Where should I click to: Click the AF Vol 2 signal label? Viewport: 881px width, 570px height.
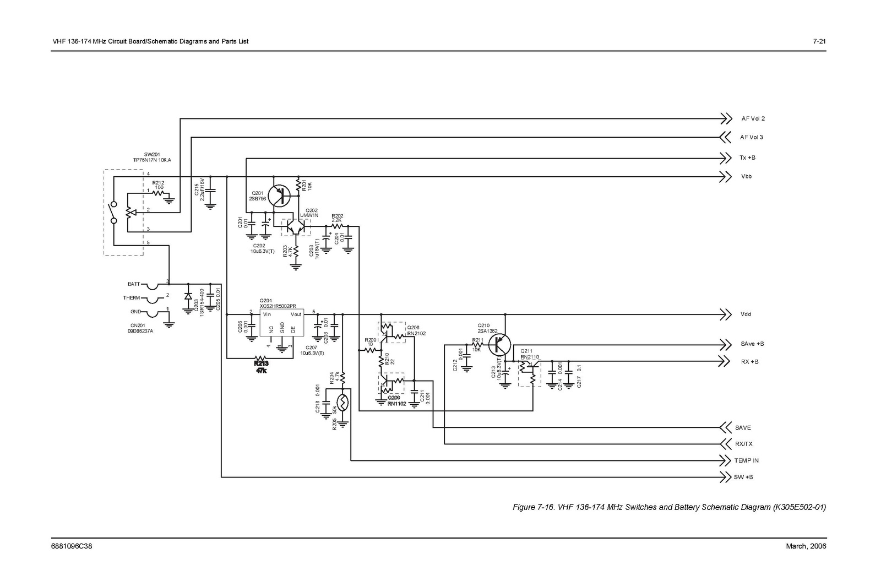pos(753,118)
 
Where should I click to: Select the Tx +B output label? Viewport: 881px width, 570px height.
pos(747,158)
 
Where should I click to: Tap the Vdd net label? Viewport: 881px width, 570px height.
pos(746,314)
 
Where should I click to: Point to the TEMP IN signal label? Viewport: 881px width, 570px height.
pos(746,460)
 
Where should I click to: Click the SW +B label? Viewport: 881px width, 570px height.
pos(743,477)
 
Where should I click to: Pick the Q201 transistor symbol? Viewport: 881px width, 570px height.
pos(281,195)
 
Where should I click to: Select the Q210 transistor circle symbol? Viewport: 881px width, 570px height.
pos(500,345)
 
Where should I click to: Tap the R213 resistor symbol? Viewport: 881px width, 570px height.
pos(261,359)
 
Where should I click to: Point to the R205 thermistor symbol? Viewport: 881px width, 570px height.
pos(342,403)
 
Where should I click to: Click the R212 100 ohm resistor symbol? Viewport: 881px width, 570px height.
pos(159,193)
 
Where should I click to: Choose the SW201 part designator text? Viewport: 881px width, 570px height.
pos(151,154)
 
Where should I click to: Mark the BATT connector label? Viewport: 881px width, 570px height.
pos(134,284)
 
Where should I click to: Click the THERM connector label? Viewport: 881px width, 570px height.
pos(132,298)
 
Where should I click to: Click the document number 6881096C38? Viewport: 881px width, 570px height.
pos(72,546)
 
